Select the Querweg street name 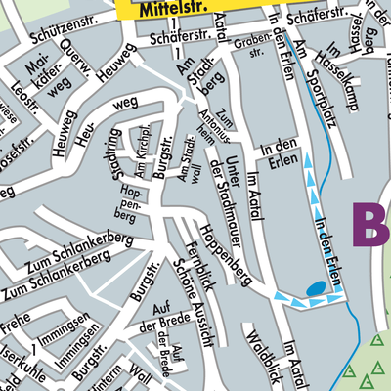point(76,62)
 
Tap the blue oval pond point(315,288)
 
